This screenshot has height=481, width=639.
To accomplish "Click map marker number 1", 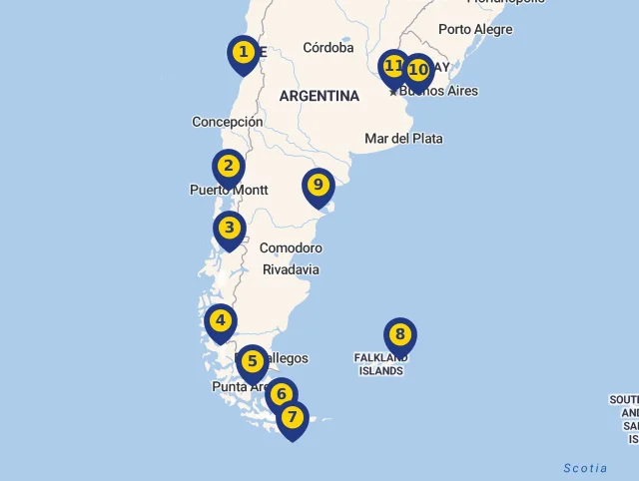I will click(x=243, y=52).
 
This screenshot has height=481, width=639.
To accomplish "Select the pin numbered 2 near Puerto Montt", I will click(x=229, y=167).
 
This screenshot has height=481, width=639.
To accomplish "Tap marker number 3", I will click(x=230, y=229).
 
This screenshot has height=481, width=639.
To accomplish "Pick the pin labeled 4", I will click(x=221, y=321).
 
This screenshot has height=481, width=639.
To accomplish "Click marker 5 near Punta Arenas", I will click(x=252, y=362).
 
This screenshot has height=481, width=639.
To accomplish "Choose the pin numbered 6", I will click(x=282, y=394).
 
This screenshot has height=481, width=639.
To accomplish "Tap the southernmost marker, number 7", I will click(x=292, y=417).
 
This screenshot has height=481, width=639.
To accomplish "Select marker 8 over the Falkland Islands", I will click(x=399, y=335).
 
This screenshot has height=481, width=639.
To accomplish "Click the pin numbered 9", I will click(x=319, y=185).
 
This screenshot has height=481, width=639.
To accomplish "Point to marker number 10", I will click(x=417, y=70).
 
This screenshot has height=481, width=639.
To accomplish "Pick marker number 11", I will click(x=393, y=67).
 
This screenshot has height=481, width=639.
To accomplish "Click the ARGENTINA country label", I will click(x=319, y=96).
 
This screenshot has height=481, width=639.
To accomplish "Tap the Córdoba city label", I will click(x=328, y=47).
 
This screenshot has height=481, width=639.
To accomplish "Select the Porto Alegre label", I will click(x=475, y=29).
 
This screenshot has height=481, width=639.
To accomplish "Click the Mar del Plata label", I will click(x=403, y=138).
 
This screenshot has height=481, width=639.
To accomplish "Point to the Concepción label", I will click(x=228, y=122).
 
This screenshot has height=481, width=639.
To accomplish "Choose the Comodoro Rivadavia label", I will click(x=291, y=258).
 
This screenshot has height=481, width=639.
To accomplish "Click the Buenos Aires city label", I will click(x=439, y=91).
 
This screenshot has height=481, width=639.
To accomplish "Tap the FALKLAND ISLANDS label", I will click(x=381, y=363).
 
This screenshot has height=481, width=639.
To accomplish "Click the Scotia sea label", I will click(x=585, y=468).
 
